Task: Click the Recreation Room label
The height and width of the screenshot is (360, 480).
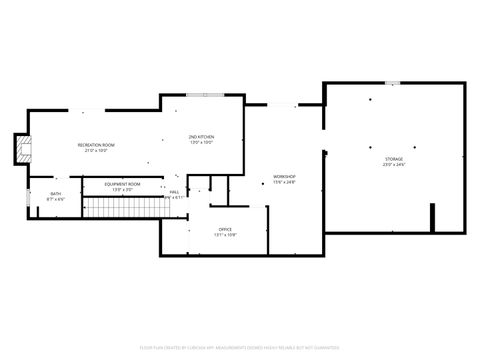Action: (x=97, y=145)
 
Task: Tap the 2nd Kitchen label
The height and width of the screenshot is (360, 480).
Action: (x=201, y=136)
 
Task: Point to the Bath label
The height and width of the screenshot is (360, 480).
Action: (x=55, y=194)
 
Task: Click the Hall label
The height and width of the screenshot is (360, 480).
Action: (x=174, y=191)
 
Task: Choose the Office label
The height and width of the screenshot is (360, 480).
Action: (x=225, y=229)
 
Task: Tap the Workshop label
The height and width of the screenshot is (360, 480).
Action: (x=284, y=176)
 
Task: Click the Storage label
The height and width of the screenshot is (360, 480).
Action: (x=394, y=159)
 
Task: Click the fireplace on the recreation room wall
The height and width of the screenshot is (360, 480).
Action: (x=21, y=151)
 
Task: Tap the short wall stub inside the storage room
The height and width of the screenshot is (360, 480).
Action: (x=432, y=217)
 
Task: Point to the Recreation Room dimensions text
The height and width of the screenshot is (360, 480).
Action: (x=97, y=151)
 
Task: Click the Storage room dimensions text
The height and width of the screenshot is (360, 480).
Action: (x=394, y=165)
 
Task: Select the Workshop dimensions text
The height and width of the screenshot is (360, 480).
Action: (x=284, y=182)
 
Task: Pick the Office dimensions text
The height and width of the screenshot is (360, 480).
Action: (x=225, y=235)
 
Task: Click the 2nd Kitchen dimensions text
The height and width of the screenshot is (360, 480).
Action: (x=201, y=142)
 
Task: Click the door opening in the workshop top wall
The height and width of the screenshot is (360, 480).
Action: (x=283, y=105)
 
